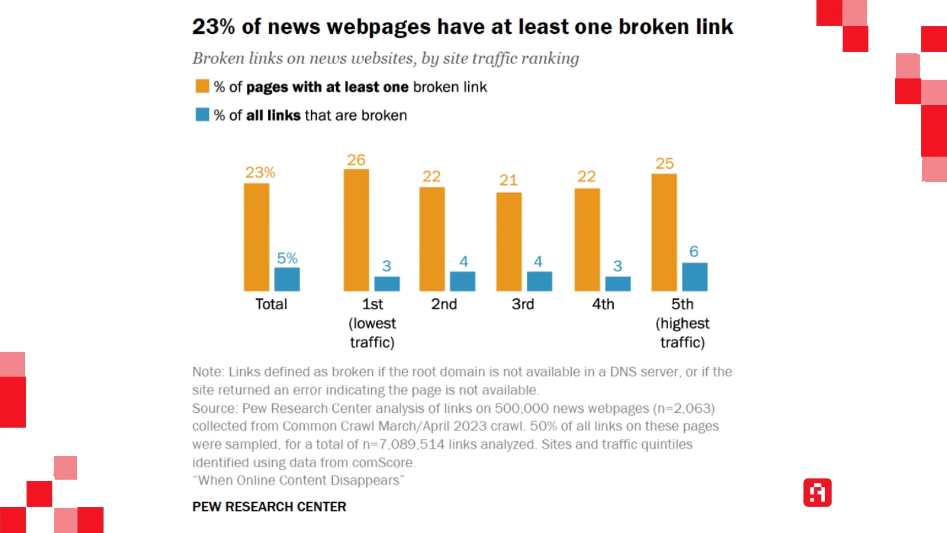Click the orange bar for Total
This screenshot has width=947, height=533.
pos(256,237)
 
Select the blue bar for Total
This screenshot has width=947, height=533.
pos(287,280)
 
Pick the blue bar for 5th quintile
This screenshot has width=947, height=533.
pos(695,277)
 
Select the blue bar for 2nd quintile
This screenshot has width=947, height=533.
pos(462,281)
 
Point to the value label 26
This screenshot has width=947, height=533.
pos(356,160)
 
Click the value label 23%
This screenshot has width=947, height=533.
pos(260,172)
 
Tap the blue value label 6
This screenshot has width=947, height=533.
pos(694,252)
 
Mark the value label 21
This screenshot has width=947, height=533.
pos(508,180)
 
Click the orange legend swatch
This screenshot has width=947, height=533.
pos(202,86)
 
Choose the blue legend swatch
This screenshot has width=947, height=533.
pos(202,114)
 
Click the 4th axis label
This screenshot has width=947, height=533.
pos(603,304)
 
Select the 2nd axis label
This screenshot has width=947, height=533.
pos(444,304)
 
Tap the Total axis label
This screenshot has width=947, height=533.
pos(271,304)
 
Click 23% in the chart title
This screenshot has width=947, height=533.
pos(214,27)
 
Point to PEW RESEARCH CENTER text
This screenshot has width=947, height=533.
pos(269,507)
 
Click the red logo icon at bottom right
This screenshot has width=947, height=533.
pos(817,493)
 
